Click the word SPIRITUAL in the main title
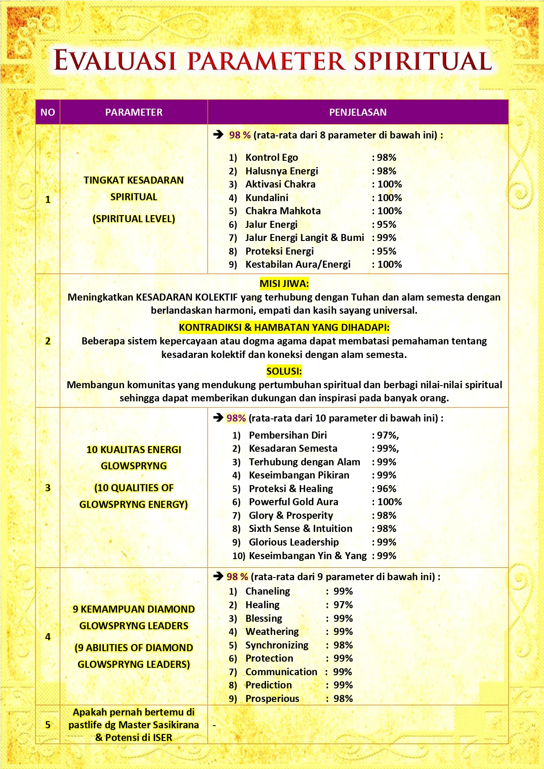(423, 61)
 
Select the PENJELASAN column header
(358, 112)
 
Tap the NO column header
(48, 112)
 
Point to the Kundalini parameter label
(267, 198)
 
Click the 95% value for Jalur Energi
(386, 224)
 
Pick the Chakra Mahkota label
(283, 211)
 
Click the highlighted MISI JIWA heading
(284, 284)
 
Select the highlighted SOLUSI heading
(284, 371)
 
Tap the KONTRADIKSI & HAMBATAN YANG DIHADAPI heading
(284, 327)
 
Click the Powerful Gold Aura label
(293, 502)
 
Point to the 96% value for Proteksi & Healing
(386, 489)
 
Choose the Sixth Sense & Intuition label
(300, 528)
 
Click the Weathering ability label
(272, 631)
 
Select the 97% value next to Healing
(343, 605)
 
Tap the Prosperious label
(272, 698)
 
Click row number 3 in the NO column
(48, 488)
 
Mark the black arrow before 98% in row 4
(218, 576)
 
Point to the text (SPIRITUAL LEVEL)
(134, 219)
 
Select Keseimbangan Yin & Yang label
(307, 556)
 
